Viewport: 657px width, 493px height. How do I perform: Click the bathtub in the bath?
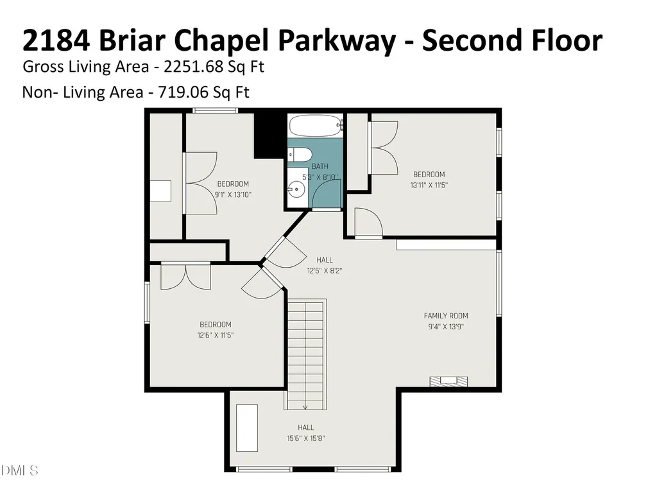pos(314,125)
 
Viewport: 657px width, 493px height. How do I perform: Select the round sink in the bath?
pos(296,189)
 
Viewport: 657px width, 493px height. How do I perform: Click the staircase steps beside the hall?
pos(305,353)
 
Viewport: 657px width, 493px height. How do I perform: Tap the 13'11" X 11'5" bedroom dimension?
pos(429,185)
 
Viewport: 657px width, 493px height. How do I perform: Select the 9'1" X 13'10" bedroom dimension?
pos(233,195)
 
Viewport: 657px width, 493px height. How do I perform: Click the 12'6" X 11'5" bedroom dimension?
pos(216,335)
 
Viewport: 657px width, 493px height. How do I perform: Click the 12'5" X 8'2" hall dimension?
pos(325,271)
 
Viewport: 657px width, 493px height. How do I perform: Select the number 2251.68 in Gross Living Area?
pos(192,67)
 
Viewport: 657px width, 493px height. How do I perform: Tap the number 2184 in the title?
pos(56,40)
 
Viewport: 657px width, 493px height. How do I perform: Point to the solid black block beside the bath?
pos(269,135)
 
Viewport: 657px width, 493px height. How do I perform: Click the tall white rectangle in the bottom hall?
pos(247,428)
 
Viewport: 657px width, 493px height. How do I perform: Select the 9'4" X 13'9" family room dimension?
pos(446,326)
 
